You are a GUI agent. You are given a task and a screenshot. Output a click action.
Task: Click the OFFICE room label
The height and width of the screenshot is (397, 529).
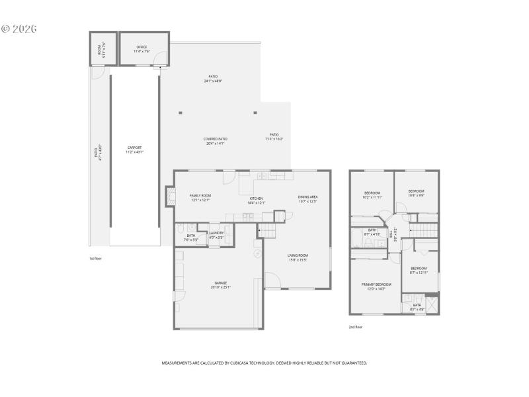pos(142,47)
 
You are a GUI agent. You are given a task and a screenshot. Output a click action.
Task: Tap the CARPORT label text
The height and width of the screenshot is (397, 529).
pos(135,148)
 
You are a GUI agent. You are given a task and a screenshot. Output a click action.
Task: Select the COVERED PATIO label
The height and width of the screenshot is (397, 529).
pos(216,139)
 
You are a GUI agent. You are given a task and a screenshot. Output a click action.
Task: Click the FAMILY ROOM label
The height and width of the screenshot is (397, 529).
pos(200,196)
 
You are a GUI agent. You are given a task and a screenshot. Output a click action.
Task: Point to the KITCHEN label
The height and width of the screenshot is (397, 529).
pos(257,198)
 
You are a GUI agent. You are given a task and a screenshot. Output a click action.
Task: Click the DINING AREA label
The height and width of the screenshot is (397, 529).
pos(307,197)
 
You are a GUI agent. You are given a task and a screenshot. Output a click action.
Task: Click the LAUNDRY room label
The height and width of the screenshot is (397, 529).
pos(216,233)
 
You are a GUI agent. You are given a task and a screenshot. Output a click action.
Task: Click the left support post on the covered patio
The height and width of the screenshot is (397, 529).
pos(181,112)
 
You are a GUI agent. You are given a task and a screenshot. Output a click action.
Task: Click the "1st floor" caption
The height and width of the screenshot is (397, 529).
pos(96,258)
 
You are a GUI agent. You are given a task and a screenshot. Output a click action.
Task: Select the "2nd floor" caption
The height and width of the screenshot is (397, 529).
pos(356,327)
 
